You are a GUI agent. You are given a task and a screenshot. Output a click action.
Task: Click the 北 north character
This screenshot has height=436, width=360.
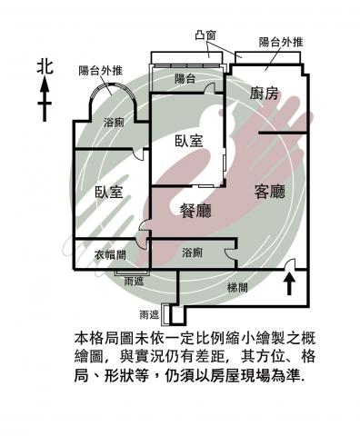[x=45, y=67]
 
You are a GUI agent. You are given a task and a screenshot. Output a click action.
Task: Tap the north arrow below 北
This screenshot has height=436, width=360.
[x=45, y=99]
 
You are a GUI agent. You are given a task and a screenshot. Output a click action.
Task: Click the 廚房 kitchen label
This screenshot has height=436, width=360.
[x=264, y=94]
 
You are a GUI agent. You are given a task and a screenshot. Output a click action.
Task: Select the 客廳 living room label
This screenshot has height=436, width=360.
[x=270, y=191]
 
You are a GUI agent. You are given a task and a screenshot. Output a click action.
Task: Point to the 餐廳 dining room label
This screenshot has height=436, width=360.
[x=195, y=210]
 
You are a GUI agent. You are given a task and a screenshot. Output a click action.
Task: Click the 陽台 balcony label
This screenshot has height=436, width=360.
[x=185, y=79]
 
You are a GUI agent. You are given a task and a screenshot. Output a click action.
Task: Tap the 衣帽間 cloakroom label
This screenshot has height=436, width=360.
[x=110, y=255]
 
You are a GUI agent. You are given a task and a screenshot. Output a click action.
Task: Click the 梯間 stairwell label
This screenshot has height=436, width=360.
[x=237, y=287]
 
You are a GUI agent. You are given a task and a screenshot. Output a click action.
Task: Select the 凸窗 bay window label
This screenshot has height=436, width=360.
[x=205, y=35]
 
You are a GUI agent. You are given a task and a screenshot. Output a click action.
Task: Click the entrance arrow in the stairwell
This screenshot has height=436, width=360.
[x=289, y=283]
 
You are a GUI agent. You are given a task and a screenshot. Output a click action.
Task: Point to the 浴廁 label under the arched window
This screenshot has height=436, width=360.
[x=114, y=123]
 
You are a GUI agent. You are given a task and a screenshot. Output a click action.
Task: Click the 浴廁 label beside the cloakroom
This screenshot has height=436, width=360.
[x=192, y=253]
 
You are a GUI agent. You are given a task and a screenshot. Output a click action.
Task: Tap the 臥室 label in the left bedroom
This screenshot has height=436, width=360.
[x=109, y=192]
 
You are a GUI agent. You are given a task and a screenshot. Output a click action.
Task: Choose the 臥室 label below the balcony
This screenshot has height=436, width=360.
[x=189, y=141]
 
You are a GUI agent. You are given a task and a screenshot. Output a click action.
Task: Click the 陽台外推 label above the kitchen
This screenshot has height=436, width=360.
[x=281, y=42]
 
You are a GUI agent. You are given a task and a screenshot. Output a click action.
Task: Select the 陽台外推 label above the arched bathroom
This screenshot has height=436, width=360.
[x=100, y=70]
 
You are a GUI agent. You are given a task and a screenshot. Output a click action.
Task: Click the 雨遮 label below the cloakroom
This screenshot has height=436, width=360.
[x=134, y=282]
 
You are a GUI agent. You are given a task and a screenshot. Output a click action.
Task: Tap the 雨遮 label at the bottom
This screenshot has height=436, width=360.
[x=149, y=315]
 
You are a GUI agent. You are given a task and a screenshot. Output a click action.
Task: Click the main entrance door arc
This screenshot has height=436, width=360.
[x=290, y=263]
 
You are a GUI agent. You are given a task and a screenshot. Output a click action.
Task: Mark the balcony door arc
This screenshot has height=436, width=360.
[x=209, y=87]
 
